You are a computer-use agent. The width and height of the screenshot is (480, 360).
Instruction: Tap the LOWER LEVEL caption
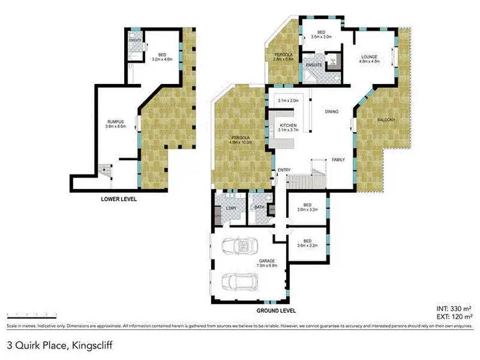click(119, 199)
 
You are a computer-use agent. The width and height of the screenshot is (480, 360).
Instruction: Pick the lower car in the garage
click(238, 281)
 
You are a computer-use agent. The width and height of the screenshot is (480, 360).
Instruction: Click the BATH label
click(259, 208)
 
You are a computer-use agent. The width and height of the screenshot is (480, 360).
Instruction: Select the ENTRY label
click(284, 170)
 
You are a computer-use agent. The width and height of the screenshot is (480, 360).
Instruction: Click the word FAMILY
click(339, 160)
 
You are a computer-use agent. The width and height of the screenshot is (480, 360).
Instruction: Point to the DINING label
click(332, 112)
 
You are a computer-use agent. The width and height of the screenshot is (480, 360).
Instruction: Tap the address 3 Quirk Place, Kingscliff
click(53, 345)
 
